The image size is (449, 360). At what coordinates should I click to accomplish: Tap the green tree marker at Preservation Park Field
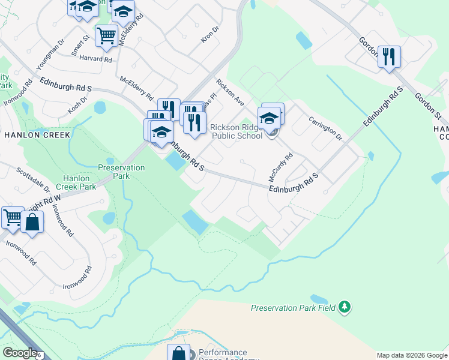pos(345,307)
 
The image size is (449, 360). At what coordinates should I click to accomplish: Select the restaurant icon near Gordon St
pos(389,57)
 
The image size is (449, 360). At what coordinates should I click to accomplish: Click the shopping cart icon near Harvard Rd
pos(106,36)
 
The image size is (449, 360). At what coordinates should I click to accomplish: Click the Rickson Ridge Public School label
pos(236,131)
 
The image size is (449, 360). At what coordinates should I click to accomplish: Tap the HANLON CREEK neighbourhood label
pos(37,135)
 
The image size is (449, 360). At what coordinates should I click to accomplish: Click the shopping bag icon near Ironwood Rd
pos(32,222)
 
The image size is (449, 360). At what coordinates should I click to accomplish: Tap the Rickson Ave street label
pos(230,92)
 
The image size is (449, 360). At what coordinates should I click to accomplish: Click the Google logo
pos(20,353)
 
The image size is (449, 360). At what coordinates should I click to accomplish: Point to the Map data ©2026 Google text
pos(411,355)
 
